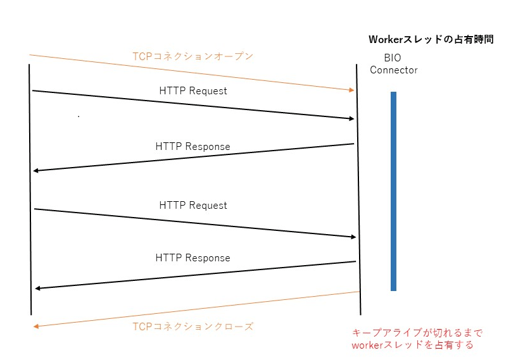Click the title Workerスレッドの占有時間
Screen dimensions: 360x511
[431, 40]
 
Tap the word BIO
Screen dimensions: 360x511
[393, 58]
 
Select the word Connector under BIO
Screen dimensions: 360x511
[393, 70]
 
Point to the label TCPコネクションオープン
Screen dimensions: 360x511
[192, 56]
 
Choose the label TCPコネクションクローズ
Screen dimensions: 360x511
[192, 326]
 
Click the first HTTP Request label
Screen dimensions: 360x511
[193, 91]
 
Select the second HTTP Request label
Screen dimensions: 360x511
[193, 206]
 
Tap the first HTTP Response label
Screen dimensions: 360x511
[192, 147]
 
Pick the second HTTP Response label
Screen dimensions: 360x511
[192, 258]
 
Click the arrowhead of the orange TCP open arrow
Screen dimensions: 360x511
[351, 90]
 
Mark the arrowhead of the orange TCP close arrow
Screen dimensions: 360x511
[37, 326]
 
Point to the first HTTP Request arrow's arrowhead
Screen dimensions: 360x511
[351, 118]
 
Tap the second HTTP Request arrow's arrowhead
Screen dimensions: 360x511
[353, 237]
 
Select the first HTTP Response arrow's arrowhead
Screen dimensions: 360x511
[37, 171]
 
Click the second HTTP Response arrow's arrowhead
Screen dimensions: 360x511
[38, 289]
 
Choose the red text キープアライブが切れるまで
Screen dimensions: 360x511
[417, 333]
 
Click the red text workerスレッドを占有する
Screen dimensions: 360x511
[412, 345]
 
